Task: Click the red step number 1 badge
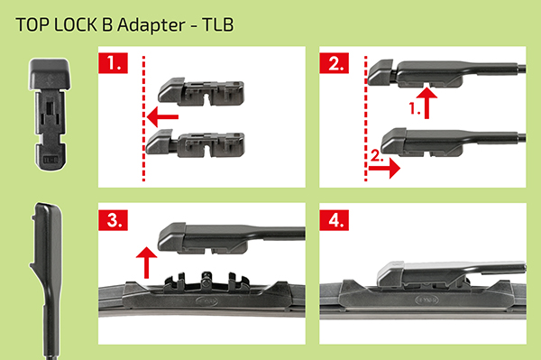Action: pyautogui.click(x=113, y=63)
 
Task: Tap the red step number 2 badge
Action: pyautogui.click(x=334, y=63)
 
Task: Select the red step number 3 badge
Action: pyautogui.click(x=113, y=220)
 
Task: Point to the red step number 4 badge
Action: pyautogui.click(x=334, y=220)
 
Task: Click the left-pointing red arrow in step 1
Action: pyautogui.click(x=162, y=117)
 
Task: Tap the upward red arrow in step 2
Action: pyautogui.click(x=426, y=103)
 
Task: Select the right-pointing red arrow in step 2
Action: pyautogui.click(x=384, y=169)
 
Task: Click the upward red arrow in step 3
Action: pyautogui.click(x=146, y=263)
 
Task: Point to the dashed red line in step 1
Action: pyautogui.click(x=143, y=118)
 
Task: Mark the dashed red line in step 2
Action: pyautogui.click(x=366, y=118)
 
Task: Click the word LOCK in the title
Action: pyautogui.click(x=76, y=25)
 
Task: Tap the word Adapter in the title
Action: pyautogui.click(x=151, y=25)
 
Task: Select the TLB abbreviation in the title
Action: pyautogui.click(x=218, y=25)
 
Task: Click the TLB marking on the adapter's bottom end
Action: pyautogui.click(x=50, y=160)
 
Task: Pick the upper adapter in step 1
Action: pyautogui.click(x=201, y=91)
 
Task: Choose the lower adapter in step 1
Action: pyautogui.click(x=196, y=143)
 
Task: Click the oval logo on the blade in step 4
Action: pyautogui.click(x=426, y=300)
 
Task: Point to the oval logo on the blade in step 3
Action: pyautogui.click(x=206, y=301)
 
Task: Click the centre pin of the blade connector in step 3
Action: pyautogui.click(x=206, y=278)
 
